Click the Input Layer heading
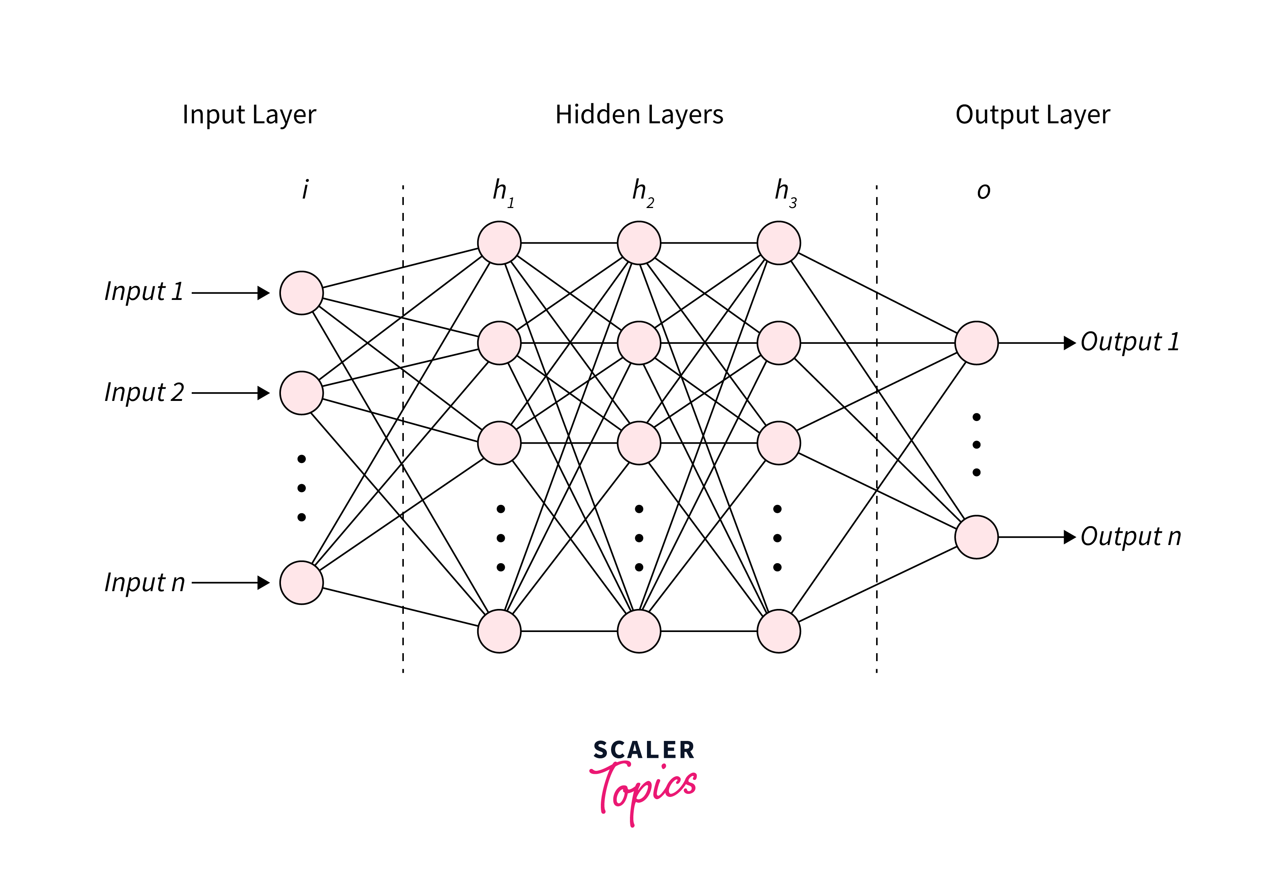pos(249,115)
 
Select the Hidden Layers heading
pos(639,115)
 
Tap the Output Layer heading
pos(1032,115)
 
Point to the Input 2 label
pos(144,392)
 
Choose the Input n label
pos(144,583)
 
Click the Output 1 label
pos(1130,342)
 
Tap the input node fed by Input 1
pos(301,293)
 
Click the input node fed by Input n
pos(301,583)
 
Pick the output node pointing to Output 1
pos(976,343)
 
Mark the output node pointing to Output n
pos(976,537)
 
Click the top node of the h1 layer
pos(499,243)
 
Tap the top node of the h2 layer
pos(639,243)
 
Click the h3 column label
pos(785,192)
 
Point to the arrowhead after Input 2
pos(263,393)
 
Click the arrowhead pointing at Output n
pos(1069,537)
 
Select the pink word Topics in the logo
pos(644,790)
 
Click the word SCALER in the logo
pos(644,750)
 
